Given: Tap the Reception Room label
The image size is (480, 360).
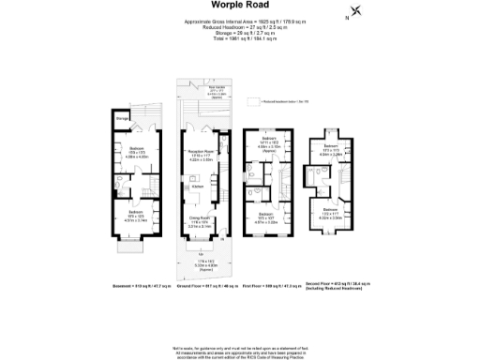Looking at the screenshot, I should point(202,151).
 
